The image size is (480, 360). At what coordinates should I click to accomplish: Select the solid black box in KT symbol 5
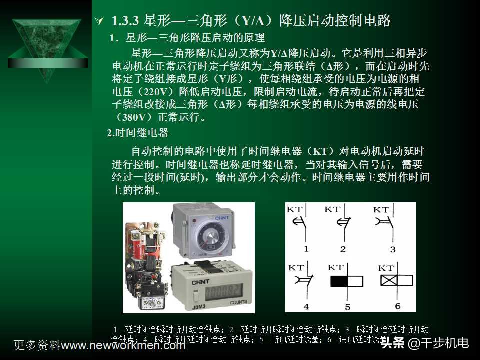pyautogui.click(x=339, y=281)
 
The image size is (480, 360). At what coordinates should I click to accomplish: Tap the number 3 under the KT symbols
pyautogui.click(x=393, y=249)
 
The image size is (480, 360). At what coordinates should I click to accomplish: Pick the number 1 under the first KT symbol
pyautogui.click(x=306, y=249)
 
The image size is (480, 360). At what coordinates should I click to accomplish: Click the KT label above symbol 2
pyautogui.click(x=333, y=209)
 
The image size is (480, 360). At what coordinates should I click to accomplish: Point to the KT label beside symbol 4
pyautogui.click(x=296, y=268)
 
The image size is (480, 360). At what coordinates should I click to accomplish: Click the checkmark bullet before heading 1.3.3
pyautogui.click(x=99, y=21)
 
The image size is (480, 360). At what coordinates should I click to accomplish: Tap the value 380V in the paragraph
pyautogui.click(x=133, y=118)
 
